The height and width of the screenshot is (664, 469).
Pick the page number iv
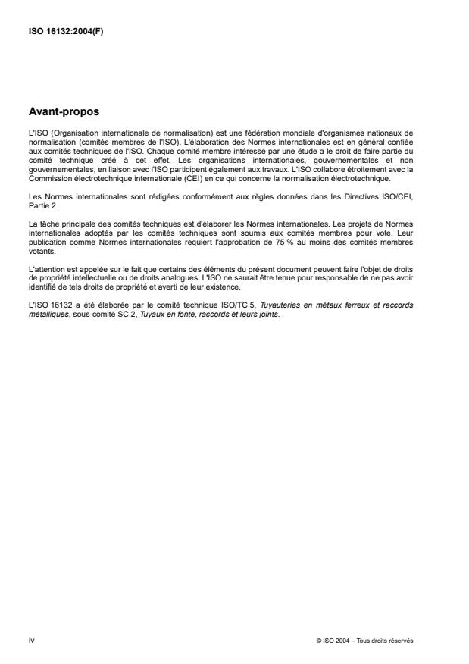pos(32,640)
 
